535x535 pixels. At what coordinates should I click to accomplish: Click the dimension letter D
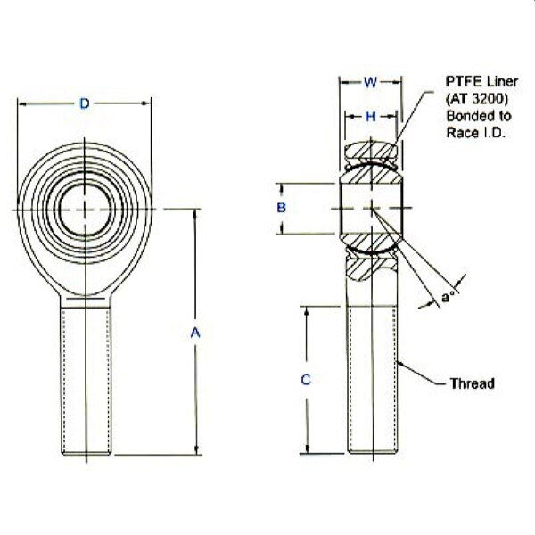[x=85, y=103]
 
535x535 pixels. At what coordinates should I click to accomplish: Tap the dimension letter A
[x=195, y=333]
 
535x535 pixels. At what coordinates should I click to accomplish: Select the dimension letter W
[x=371, y=82]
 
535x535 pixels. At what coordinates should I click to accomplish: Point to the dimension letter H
[x=371, y=117]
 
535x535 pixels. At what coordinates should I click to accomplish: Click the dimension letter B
[x=281, y=208]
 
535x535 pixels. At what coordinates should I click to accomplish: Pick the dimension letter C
[x=306, y=380]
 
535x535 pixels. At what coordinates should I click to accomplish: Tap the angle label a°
[x=448, y=297]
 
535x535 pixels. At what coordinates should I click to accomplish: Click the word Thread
[x=473, y=383]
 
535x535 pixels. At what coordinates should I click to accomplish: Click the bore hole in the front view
[x=86, y=210]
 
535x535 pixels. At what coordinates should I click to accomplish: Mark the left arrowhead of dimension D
[x=21, y=103]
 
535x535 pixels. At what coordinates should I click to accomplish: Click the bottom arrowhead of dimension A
[x=196, y=450]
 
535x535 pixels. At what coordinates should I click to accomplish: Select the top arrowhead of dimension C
[x=307, y=311]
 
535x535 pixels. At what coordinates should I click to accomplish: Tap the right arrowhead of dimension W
[x=397, y=82]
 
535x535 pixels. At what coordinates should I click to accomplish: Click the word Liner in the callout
[x=502, y=81]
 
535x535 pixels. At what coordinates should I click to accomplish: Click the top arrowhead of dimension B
[x=282, y=188]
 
